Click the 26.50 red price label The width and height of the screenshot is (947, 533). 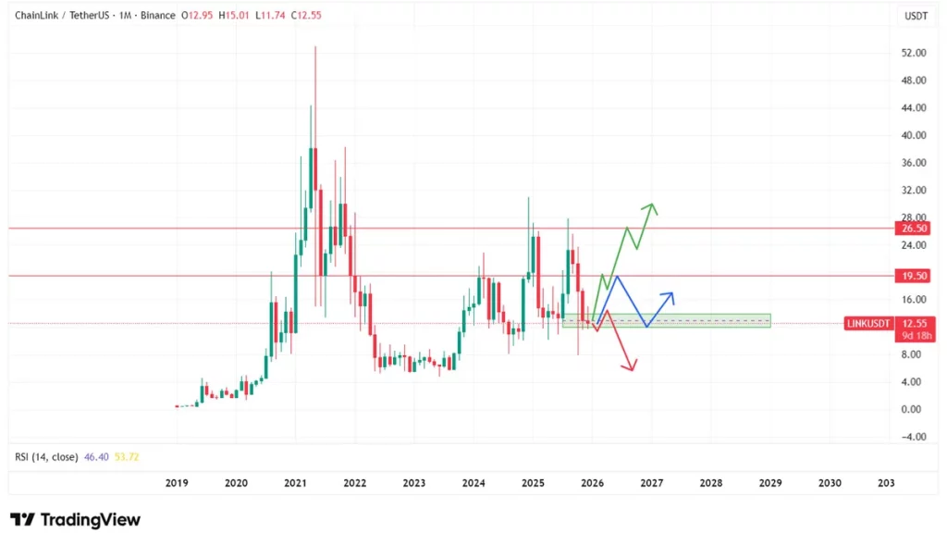point(915,228)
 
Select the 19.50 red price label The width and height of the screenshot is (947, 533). point(915,276)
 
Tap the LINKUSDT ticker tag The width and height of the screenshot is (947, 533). point(870,323)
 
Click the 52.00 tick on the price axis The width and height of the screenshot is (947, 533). point(914,53)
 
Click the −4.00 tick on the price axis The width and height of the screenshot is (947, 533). point(913,437)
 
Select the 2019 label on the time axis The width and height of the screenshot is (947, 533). point(177,483)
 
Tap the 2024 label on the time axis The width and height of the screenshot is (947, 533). point(473,483)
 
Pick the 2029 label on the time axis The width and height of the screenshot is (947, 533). point(770,483)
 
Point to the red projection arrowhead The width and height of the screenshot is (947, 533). point(633,368)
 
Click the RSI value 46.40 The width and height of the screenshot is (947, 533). point(96,457)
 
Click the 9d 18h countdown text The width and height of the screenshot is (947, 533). point(914,336)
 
